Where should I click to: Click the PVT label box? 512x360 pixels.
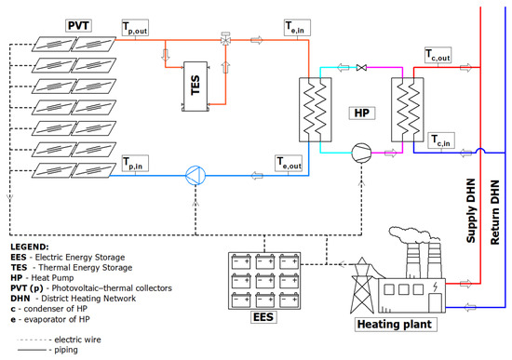click(x=78, y=25)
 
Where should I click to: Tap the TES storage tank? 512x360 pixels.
click(x=195, y=87)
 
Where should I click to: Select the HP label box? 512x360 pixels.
click(x=362, y=113)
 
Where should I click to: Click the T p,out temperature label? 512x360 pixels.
click(x=135, y=27)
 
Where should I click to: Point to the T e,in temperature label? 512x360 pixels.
click(x=297, y=27)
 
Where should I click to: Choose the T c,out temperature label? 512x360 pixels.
click(x=438, y=55)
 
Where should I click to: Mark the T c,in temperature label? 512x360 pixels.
click(x=441, y=140)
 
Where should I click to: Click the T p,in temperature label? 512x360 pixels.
click(x=135, y=163)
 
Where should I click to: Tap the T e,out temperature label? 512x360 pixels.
click(x=289, y=163)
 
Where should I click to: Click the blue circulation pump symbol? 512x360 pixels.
click(x=195, y=176)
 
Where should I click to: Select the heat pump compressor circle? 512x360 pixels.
click(x=361, y=153)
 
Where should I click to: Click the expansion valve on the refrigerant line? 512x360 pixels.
click(x=361, y=68)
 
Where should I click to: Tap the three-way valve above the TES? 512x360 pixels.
click(x=225, y=39)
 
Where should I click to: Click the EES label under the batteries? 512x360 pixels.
click(x=263, y=317)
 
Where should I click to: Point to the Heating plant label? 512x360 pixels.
click(x=396, y=325)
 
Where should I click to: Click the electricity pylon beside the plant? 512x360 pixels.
click(x=362, y=286)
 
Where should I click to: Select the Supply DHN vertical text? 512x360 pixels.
click(x=470, y=211)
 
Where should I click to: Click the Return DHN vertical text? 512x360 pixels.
click(x=495, y=212)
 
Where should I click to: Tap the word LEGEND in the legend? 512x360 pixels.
click(x=30, y=247)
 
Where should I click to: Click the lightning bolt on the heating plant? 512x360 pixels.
click(x=436, y=287)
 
